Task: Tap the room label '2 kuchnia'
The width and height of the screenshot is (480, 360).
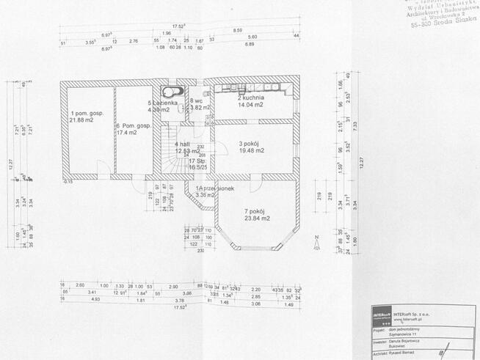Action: pos(250,98)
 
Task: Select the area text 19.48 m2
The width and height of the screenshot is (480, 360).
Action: pos(251,151)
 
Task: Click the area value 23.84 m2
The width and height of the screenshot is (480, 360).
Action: pos(257,218)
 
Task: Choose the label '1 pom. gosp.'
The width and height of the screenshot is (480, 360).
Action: pos(87,113)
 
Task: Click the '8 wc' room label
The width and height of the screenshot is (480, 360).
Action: pos(196,100)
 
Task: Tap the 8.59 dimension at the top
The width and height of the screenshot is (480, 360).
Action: pos(238,30)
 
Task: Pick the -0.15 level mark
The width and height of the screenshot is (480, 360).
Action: pos(68,180)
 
